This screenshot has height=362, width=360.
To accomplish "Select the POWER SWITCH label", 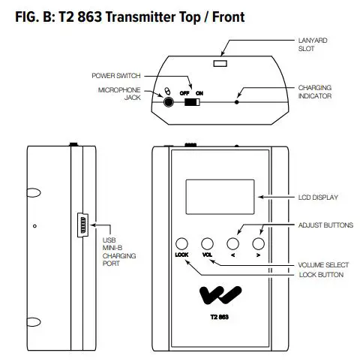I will pyautogui.click(x=116, y=76).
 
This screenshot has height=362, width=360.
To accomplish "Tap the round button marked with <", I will pyautogui.click(x=233, y=243).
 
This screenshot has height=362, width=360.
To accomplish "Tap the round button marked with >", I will pyautogui.click(x=259, y=243).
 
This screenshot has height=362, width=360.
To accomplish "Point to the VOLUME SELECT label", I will pyautogui.click(x=322, y=264).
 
